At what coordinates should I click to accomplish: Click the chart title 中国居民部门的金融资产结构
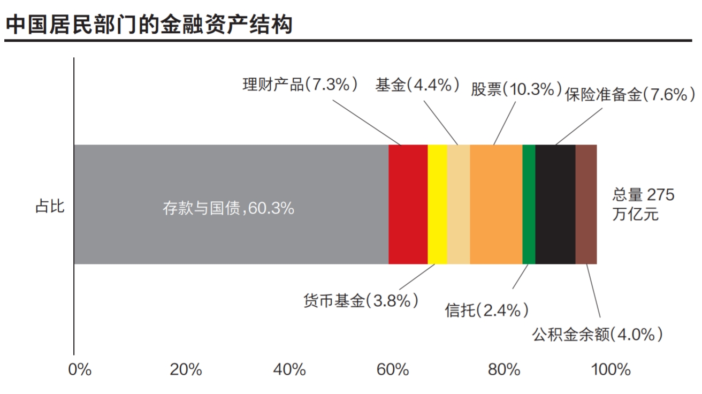pyautogui.click(x=149, y=25)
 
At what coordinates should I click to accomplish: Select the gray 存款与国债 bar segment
pyautogui.click(x=231, y=204)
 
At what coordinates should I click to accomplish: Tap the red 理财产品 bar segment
pyautogui.click(x=408, y=204)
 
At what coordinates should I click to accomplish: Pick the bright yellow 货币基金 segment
pyautogui.click(x=437, y=204)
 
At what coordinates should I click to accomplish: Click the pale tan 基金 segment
pyautogui.click(x=459, y=204)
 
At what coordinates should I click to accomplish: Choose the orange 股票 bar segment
pyautogui.click(x=496, y=204)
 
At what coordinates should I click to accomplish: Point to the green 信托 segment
pyautogui.click(x=529, y=204)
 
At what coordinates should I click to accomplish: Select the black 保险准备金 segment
pyautogui.click(x=555, y=204)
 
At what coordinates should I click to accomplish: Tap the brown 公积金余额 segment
pyautogui.click(x=586, y=204)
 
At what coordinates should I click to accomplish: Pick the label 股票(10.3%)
pyautogui.click(x=516, y=89)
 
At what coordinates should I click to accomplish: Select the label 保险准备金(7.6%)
pyautogui.click(x=630, y=95)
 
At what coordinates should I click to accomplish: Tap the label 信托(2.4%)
pyautogui.click(x=487, y=309)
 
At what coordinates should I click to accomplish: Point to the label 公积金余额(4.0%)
pyautogui.click(x=598, y=335)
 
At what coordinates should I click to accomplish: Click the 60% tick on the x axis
pyautogui.click(x=396, y=369)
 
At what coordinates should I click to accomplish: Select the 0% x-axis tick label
pyautogui.click(x=80, y=369)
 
